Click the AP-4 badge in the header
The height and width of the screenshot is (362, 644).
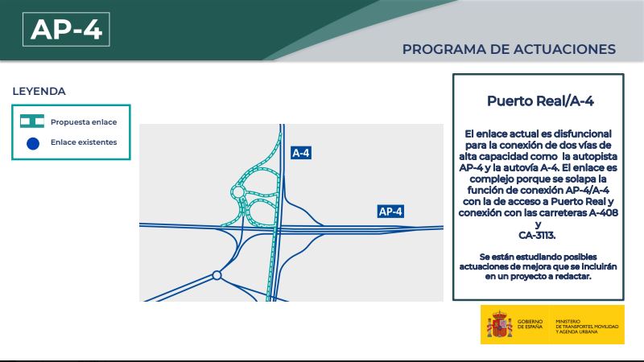[66, 29]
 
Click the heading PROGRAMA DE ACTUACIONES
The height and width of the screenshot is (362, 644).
[509, 49]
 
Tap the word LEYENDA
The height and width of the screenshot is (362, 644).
[39, 91]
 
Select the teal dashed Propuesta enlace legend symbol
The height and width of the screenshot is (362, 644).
[32, 121]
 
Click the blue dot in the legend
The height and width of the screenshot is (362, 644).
[33, 143]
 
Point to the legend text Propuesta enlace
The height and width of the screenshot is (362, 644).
[84, 122]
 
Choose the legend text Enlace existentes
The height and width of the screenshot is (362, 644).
[84, 142]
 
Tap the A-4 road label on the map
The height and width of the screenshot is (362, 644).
[300, 153]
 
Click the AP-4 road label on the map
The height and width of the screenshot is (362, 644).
[390, 212]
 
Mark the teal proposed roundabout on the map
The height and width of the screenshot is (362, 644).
[237, 191]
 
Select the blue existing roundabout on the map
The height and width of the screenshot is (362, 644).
[217, 275]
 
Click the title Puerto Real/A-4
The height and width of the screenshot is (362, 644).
[540, 101]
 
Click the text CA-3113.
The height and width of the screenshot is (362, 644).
[537, 236]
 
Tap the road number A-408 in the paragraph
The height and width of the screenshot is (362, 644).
[603, 212]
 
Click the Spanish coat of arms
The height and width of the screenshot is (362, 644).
[499, 324]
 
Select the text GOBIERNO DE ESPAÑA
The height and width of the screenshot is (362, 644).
[530, 324]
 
